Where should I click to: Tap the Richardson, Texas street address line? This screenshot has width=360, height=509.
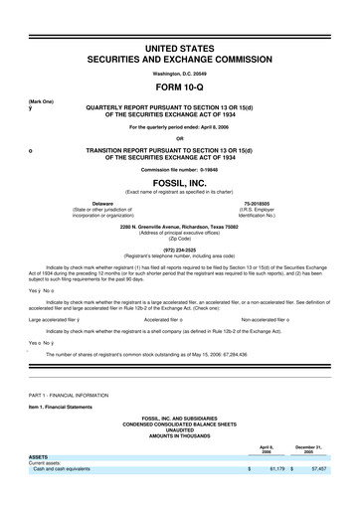point(180,228)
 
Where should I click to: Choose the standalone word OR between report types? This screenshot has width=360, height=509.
point(180,137)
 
